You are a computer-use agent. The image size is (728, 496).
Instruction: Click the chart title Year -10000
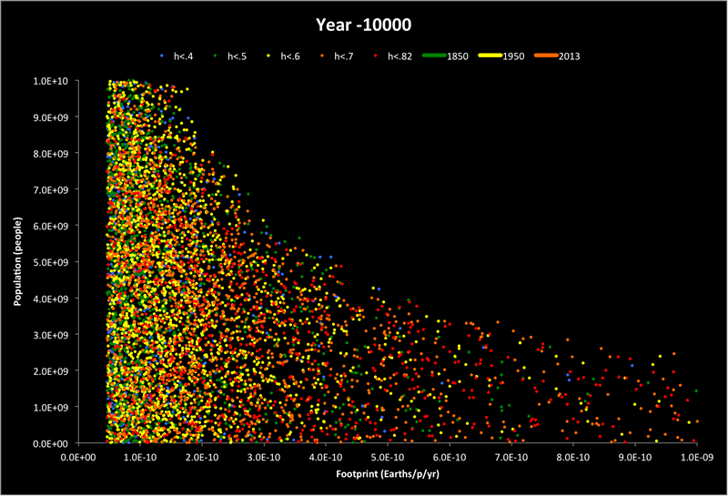click(x=364, y=24)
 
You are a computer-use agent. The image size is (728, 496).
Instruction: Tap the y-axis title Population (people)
click(x=17, y=263)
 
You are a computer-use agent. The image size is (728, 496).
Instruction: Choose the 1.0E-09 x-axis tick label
click(x=696, y=456)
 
